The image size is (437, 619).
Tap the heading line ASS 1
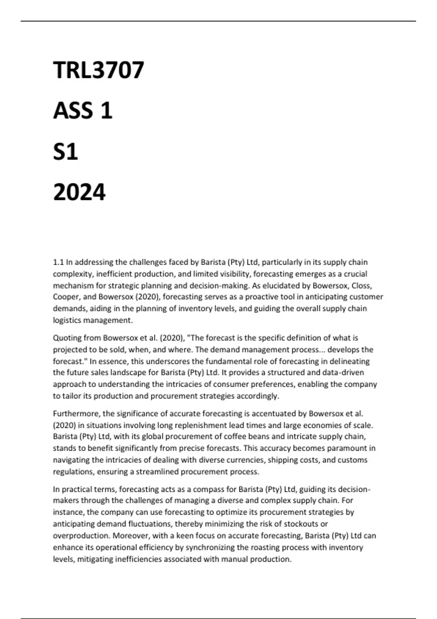click(x=83, y=111)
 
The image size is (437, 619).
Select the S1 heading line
click(x=66, y=151)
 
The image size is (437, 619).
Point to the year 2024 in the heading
click(x=79, y=192)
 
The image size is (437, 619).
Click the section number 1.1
click(x=58, y=262)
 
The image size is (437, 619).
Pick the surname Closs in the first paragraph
click(x=362, y=285)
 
